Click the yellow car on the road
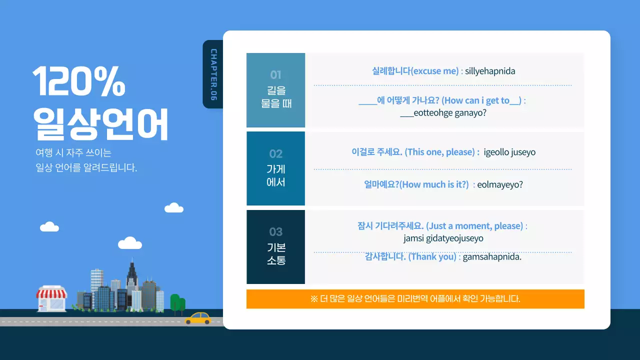(x=198, y=318)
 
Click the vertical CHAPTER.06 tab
(x=213, y=74)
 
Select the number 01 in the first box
(x=275, y=75)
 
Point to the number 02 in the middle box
(x=275, y=153)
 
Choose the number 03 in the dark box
(x=275, y=231)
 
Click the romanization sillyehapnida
(x=490, y=71)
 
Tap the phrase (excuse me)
(x=434, y=71)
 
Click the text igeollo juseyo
(x=509, y=152)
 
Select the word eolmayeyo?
(x=500, y=184)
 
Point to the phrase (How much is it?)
(x=434, y=184)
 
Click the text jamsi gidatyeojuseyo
(x=443, y=238)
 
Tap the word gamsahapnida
(x=492, y=257)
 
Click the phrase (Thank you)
(x=432, y=257)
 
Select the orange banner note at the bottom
(x=415, y=299)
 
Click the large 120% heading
(x=79, y=81)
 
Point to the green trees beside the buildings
(x=177, y=302)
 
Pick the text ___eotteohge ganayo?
(x=443, y=113)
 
